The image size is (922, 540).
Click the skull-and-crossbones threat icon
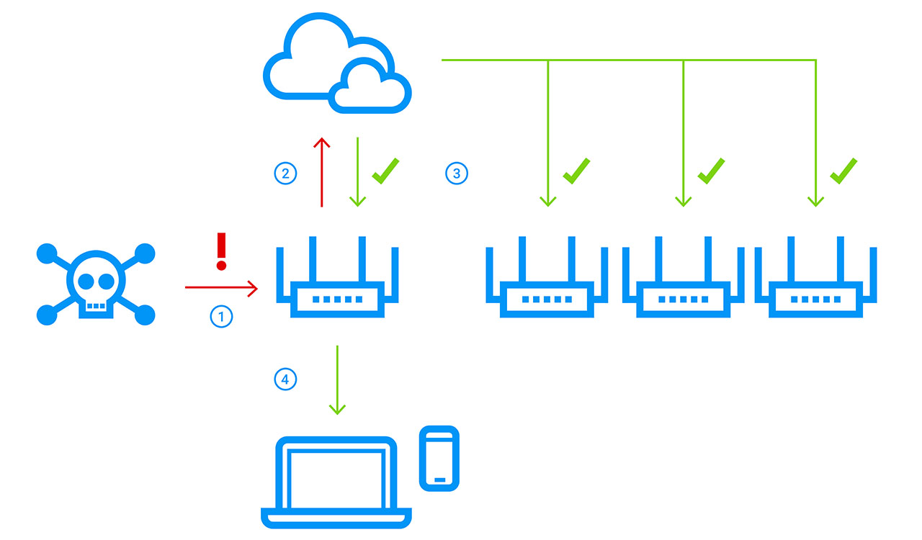96,284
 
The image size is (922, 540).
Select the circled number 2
285,174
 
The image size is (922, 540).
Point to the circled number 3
457,174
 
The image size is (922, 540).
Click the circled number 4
285,379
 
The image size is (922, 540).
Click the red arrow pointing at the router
220,288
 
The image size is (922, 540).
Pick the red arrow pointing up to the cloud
321,172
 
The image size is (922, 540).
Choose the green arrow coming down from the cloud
358,172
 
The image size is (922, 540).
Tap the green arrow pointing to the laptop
337,379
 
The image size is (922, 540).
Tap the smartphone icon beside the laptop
439,458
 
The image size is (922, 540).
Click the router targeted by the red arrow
337,281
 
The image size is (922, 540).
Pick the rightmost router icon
815,281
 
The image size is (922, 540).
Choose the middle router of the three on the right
683,281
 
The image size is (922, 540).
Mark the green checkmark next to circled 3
385,170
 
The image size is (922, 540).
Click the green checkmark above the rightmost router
843,170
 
